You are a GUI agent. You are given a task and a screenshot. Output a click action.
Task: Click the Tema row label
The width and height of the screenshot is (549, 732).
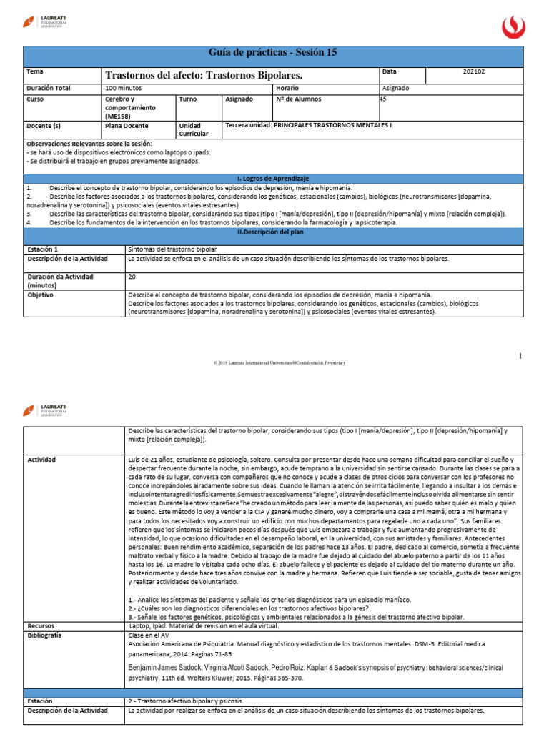tap(34, 72)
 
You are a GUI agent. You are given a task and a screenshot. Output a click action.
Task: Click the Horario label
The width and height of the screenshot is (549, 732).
tap(287, 88)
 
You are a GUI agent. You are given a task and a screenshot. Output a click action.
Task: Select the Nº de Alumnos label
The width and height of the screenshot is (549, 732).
tap(298, 99)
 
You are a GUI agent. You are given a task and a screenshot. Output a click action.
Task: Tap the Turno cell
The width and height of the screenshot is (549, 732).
tap(188, 99)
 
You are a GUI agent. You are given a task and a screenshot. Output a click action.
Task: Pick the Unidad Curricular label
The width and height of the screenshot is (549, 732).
tap(194, 129)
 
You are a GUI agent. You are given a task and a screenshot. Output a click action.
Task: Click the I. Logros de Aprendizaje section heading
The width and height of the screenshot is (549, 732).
tap(272, 177)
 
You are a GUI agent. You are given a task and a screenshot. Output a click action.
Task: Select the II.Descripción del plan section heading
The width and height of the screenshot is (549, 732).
tap(272, 233)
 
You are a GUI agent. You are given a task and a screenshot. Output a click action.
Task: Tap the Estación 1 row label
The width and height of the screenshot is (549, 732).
tap(43, 249)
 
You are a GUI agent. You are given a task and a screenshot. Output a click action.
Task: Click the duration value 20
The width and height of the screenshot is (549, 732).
tap(132, 275)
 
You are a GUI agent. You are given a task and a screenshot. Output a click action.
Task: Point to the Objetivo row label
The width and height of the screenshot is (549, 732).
tap(41, 294)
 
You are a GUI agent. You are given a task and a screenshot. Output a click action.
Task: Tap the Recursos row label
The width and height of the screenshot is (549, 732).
tap(41, 624)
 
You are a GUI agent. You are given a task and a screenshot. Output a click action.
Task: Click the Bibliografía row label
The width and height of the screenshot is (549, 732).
tap(44, 635)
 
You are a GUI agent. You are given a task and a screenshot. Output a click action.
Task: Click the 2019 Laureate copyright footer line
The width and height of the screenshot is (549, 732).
tap(279, 363)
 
